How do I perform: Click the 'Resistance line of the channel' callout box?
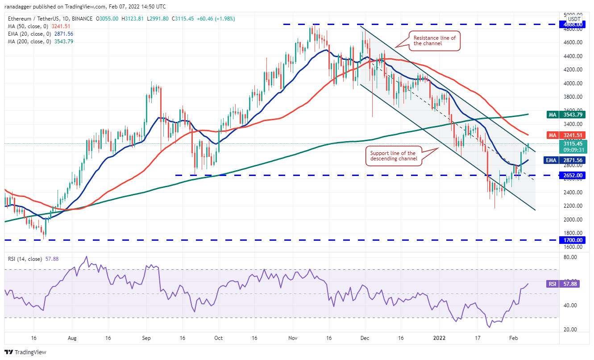[x=434, y=41]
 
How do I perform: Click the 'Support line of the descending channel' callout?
[x=393, y=156]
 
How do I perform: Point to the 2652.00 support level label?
[x=571, y=176]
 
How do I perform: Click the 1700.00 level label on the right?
[x=571, y=240]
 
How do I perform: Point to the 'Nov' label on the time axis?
[x=293, y=338]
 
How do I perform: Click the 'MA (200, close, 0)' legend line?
[x=41, y=42]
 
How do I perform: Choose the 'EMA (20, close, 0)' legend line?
[x=41, y=34]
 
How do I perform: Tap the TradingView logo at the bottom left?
[x=26, y=352]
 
